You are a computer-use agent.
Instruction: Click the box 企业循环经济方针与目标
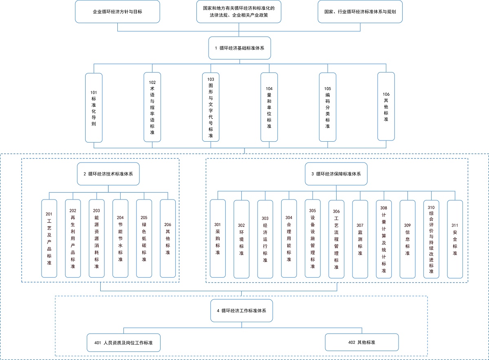pos(117,11)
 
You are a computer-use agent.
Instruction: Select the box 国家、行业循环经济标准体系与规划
pos(360,11)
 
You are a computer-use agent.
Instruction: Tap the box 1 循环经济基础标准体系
pos(240,48)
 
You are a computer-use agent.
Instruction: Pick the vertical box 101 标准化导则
pos(94,108)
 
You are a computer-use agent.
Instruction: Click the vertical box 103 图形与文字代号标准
pos(211,107)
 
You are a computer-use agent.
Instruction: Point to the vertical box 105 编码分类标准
pos(328,107)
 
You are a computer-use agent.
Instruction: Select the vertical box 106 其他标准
pos(386,106)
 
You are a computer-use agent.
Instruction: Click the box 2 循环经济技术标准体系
pos(108,174)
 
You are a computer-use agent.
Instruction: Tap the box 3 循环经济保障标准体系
pos(336,174)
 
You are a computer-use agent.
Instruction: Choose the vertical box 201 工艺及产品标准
pos(49,239)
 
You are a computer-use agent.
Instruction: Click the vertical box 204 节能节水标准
pos(120,239)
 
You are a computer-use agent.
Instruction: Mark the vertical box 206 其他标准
pos(167,239)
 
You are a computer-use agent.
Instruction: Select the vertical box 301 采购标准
pos(218,239)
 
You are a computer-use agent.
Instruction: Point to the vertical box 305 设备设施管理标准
pos(313,239)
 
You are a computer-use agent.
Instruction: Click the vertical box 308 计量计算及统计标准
pos(384,239)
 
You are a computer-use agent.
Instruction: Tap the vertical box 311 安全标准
pos(455,239)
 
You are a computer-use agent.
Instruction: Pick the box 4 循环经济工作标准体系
pos(242,311)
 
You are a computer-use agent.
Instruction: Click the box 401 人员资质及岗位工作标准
pos(123,343)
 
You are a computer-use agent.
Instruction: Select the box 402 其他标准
pos(362,342)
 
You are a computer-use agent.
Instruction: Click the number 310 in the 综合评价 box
pos(431,208)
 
